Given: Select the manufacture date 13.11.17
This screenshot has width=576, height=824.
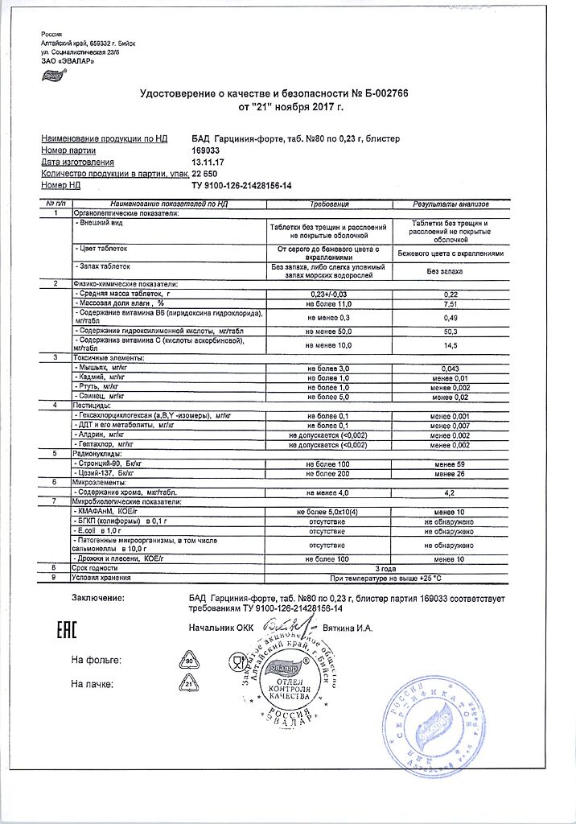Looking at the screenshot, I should coord(209,162).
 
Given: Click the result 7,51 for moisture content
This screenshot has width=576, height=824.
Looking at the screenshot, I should coord(451,305).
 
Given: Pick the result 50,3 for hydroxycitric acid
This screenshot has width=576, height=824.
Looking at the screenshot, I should coord(451,331).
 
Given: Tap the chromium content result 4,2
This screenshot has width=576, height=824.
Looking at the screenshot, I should coord(451,491).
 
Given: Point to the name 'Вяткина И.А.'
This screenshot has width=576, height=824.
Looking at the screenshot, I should coord(348,628).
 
